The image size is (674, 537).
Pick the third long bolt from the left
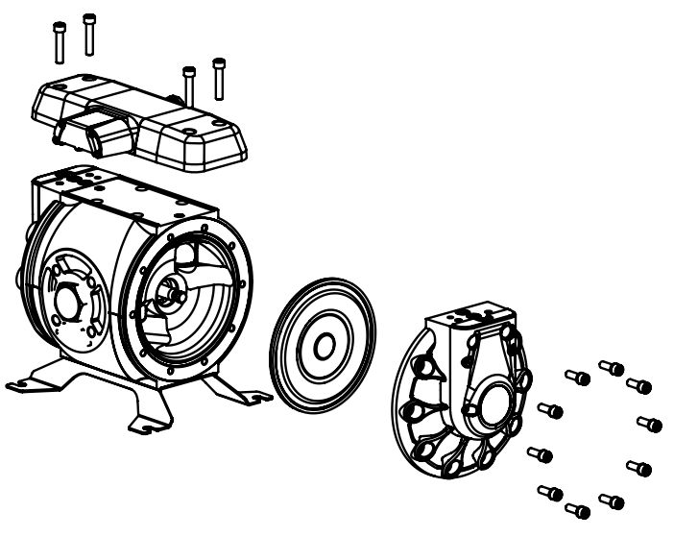tap(189, 85)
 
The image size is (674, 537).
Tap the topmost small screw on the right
tap(611, 368)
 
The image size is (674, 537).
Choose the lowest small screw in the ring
tap(578, 509)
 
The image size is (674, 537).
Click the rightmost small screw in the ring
tap(650, 424)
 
